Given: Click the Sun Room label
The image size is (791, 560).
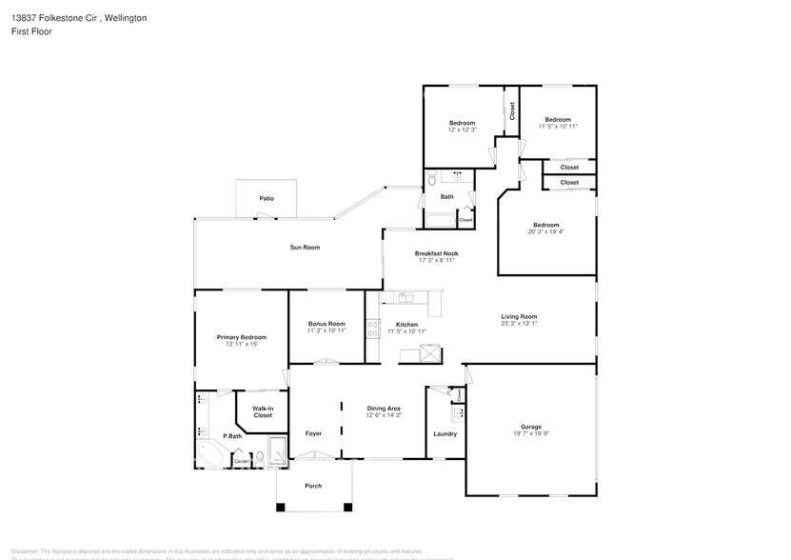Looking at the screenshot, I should coord(305,247).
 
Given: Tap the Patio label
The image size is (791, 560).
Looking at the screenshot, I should coord(267,198).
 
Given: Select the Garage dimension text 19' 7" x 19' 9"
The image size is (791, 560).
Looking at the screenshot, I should coord(530,432).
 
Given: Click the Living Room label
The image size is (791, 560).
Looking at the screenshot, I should coord(520,316).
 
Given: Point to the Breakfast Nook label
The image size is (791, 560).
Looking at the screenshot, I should coord(436,253).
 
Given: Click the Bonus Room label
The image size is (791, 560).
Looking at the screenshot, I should coord(326,324).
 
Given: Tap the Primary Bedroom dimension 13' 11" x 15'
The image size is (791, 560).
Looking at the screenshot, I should coord(241,344).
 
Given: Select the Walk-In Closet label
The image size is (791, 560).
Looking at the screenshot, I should coord(262,412).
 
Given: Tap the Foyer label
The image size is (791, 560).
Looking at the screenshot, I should coord(313,433).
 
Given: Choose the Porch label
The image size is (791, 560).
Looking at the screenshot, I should coord(313,486).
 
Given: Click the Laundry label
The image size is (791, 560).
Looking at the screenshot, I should coord(445,433).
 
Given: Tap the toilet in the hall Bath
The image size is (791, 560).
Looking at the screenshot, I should coord(431,178).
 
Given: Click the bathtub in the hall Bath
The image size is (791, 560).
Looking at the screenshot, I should coord(439,221).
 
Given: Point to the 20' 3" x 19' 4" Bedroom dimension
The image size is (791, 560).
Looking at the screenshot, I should coord(545,231).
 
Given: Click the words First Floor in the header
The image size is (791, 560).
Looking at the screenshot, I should coord(32,31).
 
